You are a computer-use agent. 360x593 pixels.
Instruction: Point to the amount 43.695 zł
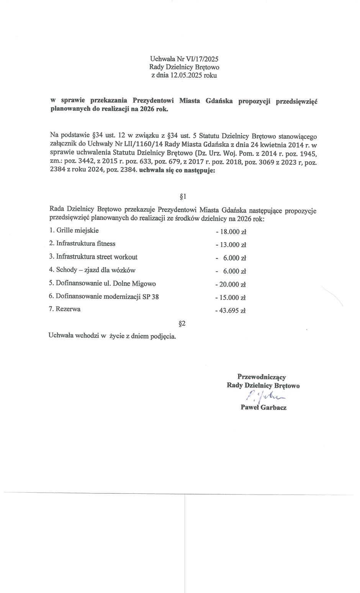pos(231,311)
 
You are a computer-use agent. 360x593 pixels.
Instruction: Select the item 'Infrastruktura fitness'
pos(82,244)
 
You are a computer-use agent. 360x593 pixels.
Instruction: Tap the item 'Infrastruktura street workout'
pos(93,257)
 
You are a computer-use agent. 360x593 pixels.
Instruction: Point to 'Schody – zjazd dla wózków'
pos(92,270)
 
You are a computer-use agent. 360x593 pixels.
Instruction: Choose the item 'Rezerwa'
pos(65,309)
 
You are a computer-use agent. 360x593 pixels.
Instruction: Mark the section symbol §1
pos(183,197)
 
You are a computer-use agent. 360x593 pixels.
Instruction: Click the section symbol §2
pos(182,324)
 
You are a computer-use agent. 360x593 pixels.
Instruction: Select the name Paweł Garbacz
pos(263,407)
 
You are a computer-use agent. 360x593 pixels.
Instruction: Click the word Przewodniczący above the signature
pos(262,377)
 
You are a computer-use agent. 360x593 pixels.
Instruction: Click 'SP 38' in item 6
pos(151,296)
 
